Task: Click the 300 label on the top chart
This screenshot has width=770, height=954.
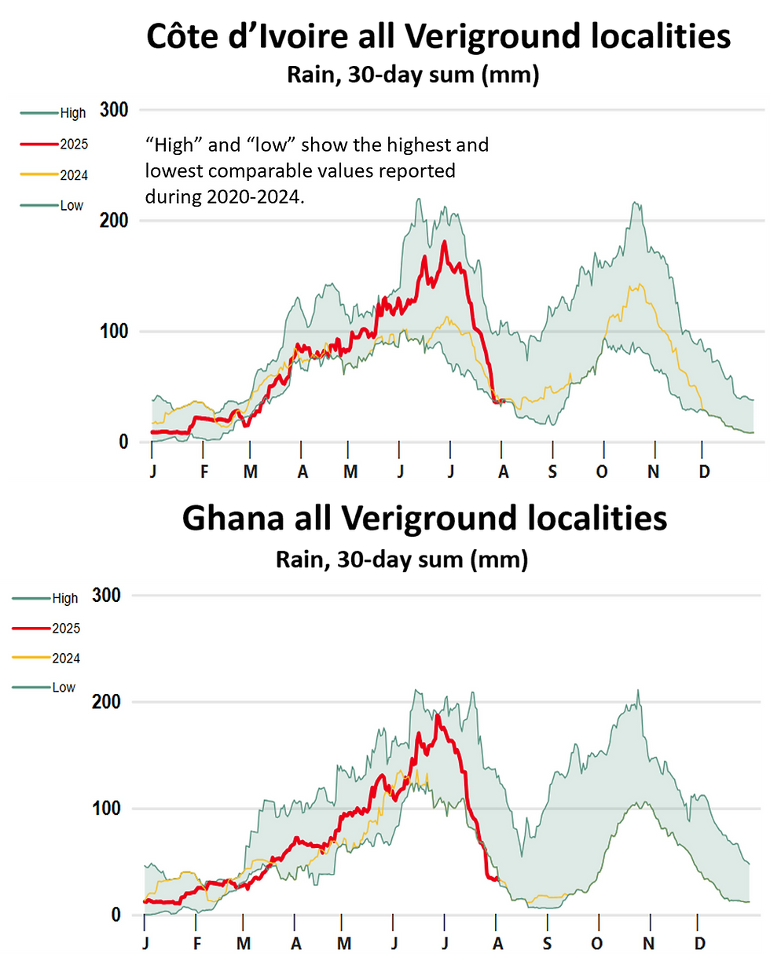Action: tap(115, 110)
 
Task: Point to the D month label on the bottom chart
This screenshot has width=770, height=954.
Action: tap(699, 942)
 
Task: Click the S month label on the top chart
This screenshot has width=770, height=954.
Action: tap(552, 471)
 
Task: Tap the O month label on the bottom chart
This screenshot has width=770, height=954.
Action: tap(596, 942)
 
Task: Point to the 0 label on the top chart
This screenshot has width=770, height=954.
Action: tap(123, 442)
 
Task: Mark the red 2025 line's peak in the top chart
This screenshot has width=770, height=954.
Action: tap(444, 242)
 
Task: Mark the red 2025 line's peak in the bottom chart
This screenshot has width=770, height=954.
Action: tap(437, 716)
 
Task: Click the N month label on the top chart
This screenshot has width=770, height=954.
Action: tap(654, 471)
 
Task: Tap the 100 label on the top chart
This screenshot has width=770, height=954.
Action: tap(115, 332)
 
